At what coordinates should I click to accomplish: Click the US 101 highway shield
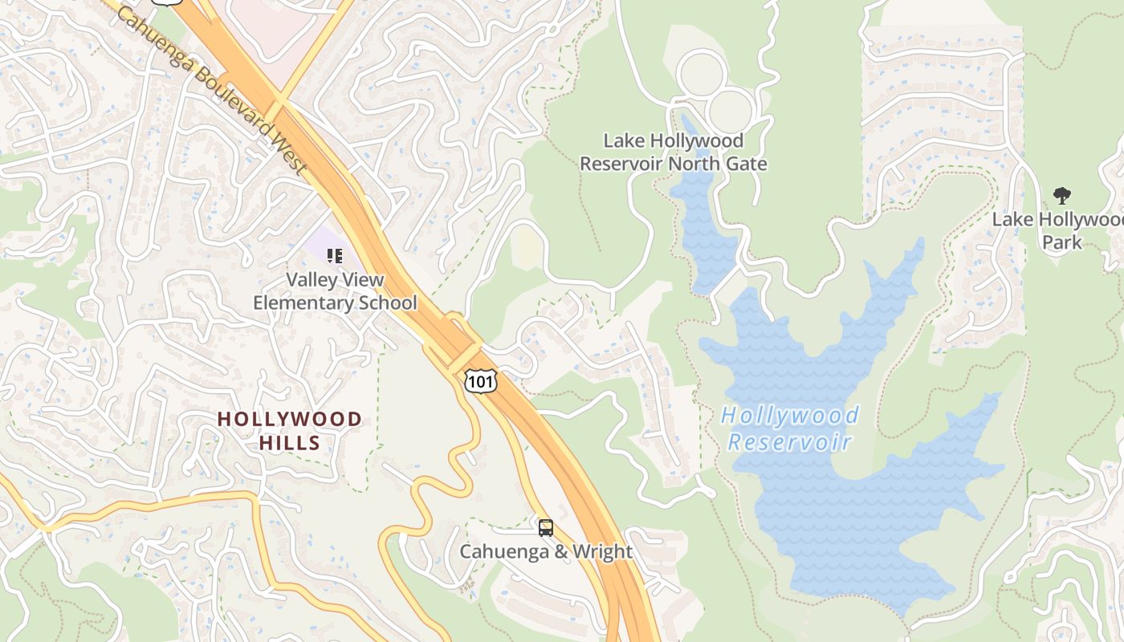(480, 381)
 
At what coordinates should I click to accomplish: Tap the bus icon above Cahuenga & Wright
(546, 528)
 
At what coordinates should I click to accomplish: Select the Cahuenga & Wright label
(546, 552)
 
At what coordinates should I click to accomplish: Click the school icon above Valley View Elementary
(335, 256)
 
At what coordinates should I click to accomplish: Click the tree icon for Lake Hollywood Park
(1062, 195)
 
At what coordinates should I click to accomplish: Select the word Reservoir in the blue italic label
(789, 442)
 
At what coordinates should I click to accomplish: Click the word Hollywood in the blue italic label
(790, 416)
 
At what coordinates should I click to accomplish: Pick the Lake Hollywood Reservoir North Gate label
(673, 152)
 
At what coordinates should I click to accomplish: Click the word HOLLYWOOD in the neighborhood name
(290, 419)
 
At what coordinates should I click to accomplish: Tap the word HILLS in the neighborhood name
(290, 442)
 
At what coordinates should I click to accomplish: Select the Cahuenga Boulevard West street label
(213, 88)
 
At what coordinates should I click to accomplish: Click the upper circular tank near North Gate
(702, 75)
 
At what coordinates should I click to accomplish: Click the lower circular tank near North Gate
(731, 110)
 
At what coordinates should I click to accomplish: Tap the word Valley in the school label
(311, 280)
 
